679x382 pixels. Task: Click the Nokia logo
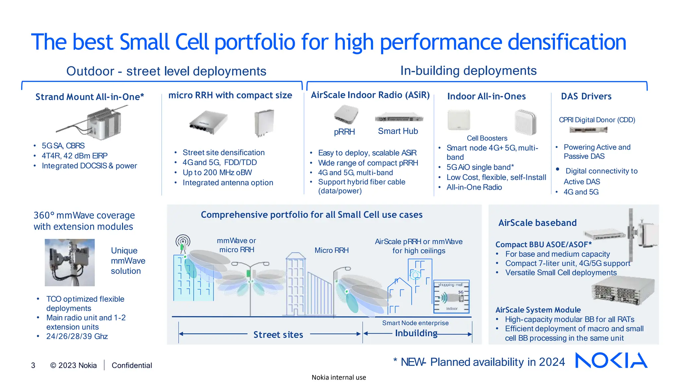coord(611,360)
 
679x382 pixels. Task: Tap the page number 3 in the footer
coord(33,365)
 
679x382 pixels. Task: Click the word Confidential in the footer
coord(132,365)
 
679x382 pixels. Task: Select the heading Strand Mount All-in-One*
coord(90,97)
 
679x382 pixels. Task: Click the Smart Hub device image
coord(399,118)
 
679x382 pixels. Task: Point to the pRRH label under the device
coord(344,132)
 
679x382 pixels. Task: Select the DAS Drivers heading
coord(586,96)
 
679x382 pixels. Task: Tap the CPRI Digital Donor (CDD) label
coord(597,120)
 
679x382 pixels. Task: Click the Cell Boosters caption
coord(487,138)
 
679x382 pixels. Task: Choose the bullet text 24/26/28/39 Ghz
coord(77,336)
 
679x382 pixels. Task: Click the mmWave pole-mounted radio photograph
coord(70,262)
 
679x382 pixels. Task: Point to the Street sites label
coord(278,335)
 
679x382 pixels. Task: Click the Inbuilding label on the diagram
coord(416,333)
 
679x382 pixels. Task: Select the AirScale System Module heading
coord(538,310)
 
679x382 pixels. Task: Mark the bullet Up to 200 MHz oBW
coord(217,173)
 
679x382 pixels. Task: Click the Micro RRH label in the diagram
coord(332,250)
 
